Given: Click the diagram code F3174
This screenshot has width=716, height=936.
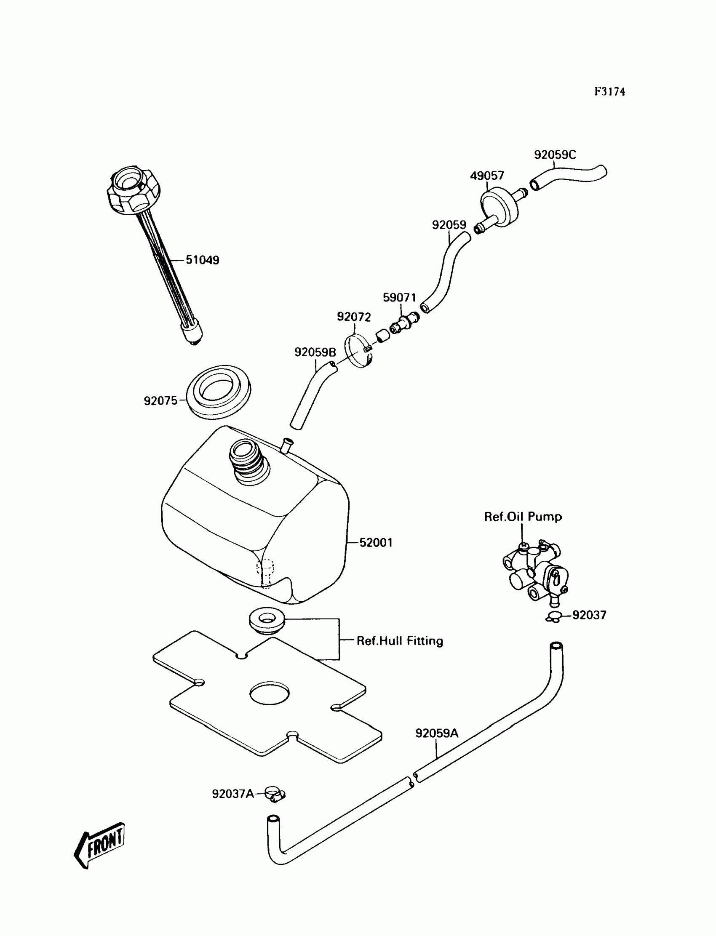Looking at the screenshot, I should (x=609, y=92).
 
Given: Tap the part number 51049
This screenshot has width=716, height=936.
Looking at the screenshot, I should (x=203, y=260).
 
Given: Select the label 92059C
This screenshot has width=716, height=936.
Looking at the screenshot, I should (x=555, y=155).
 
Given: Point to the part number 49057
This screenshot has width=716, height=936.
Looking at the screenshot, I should (x=487, y=176).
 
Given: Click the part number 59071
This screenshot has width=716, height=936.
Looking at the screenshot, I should (x=399, y=297).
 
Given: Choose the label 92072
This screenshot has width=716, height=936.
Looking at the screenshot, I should (x=354, y=317).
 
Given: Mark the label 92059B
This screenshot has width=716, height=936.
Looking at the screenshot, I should (x=315, y=352).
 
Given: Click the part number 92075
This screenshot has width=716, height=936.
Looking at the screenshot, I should (x=160, y=400).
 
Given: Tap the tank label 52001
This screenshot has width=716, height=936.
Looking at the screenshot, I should (x=376, y=542).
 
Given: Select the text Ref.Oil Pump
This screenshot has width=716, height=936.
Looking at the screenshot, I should (x=523, y=517).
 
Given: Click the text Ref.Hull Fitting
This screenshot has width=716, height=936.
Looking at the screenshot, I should (x=400, y=641).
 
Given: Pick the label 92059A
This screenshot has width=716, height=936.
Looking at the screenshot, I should (x=437, y=733).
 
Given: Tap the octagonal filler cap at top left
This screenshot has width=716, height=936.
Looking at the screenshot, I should (x=133, y=192).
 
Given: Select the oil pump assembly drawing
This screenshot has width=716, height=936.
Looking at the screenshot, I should (x=534, y=573).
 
